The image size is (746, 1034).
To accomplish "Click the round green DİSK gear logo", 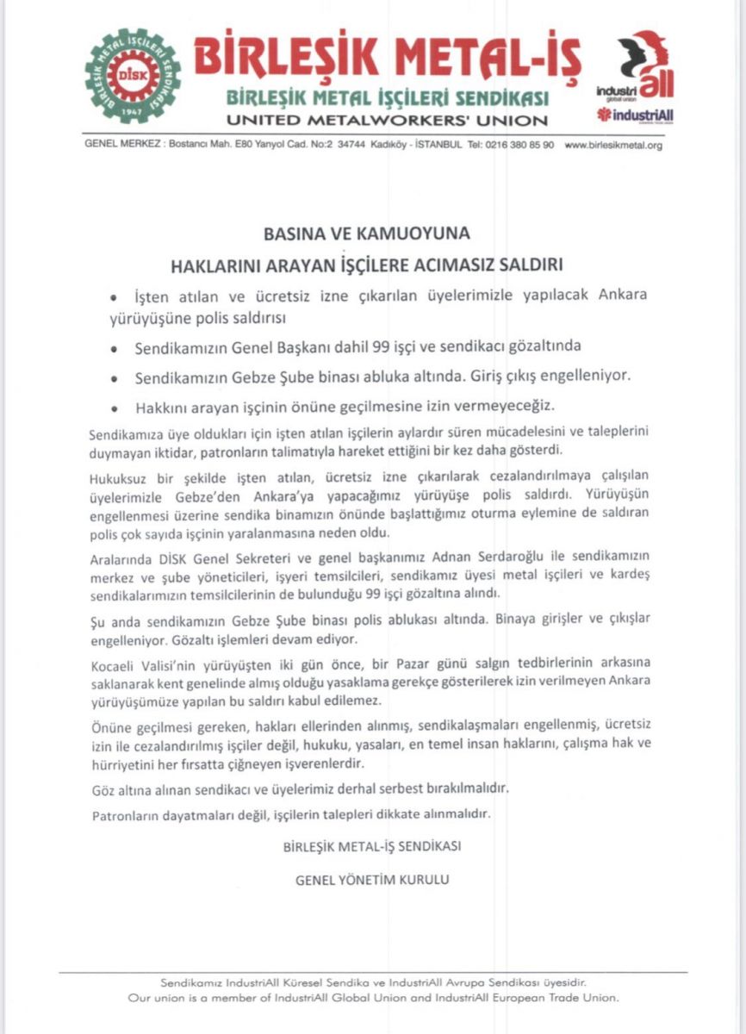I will (x=133, y=76).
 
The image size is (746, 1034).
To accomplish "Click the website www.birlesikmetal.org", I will (x=612, y=146).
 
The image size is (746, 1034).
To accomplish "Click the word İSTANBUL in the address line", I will (x=441, y=146).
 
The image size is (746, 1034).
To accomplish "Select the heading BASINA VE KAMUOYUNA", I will (x=372, y=234).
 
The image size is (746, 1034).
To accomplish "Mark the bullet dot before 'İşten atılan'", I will (x=113, y=296).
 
